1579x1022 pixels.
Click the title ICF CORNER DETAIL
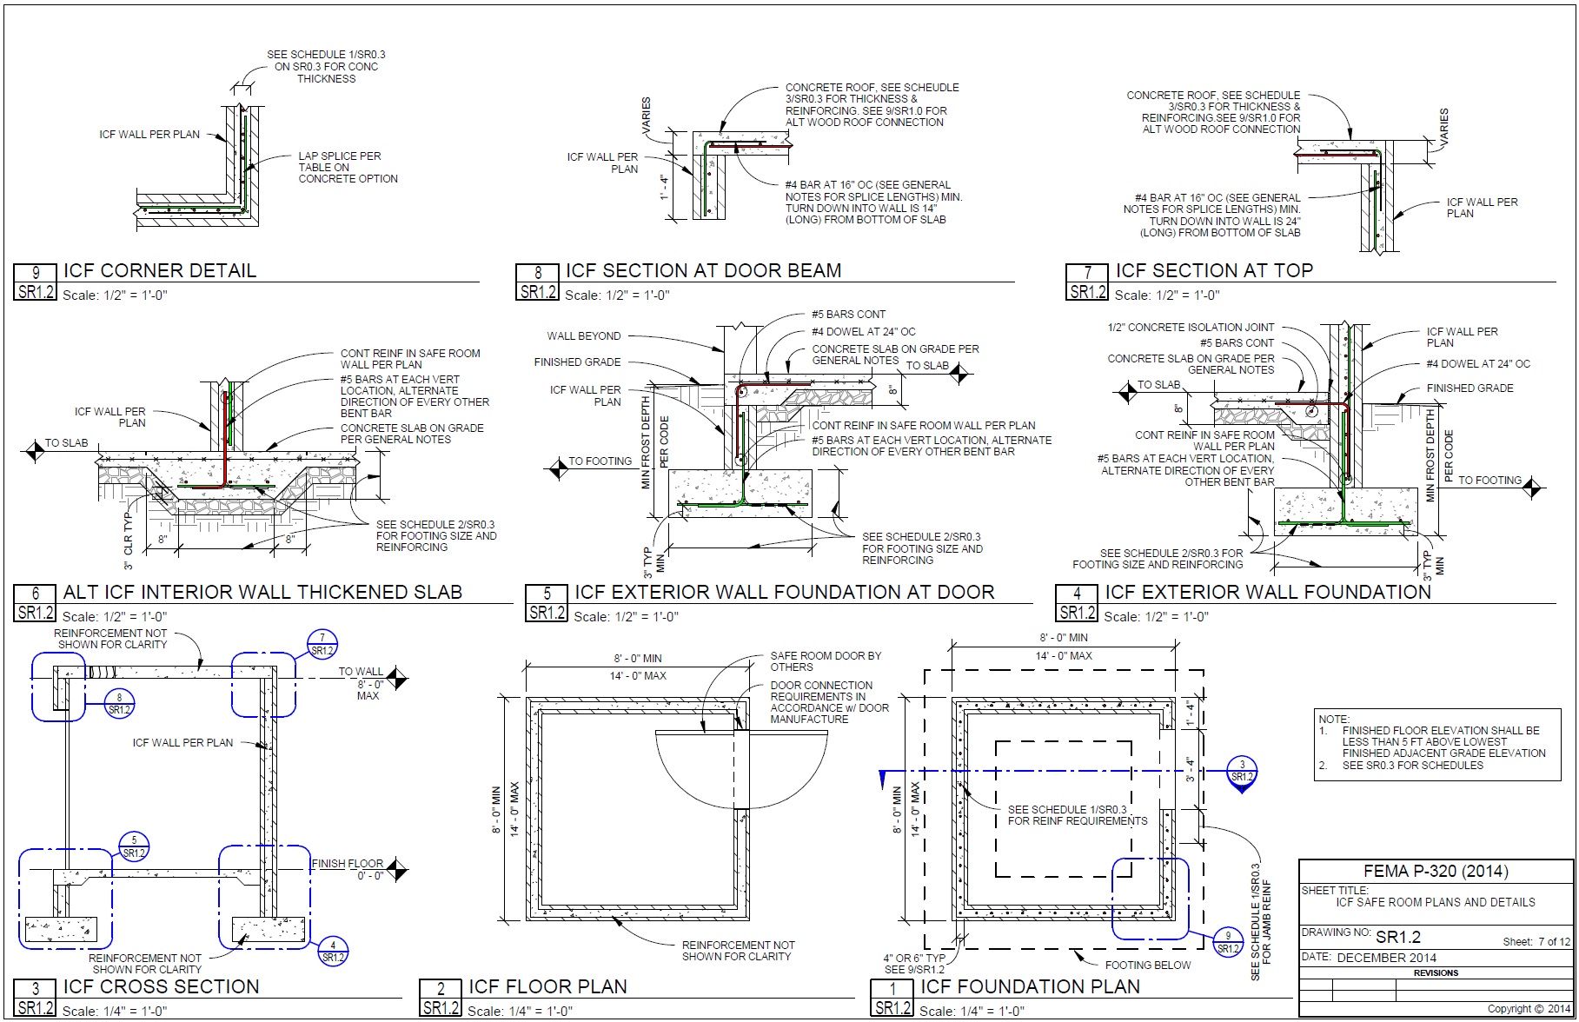(160, 270)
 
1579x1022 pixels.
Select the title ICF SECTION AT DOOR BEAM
(703, 270)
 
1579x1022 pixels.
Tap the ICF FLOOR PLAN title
(547, 986)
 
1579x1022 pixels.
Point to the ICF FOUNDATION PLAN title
(1030, 986)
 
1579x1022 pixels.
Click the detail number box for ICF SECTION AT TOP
(1087, 282)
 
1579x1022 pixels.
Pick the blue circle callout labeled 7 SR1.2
(322, 645)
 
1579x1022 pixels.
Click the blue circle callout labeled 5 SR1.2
(134, 846)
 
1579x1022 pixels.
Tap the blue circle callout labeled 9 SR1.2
(1228, 942)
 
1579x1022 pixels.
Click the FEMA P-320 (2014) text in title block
(1436, 872)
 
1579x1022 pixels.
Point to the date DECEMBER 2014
(1386, 958)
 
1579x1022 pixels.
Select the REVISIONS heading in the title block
(1436, 973)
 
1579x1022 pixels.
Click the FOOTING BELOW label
(1148, 965)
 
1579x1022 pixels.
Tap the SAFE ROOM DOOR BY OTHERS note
(826, 661)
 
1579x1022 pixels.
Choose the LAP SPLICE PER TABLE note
(348, 168)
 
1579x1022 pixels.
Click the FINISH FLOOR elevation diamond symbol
(397, 869)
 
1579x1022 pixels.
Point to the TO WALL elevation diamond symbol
(397, 678)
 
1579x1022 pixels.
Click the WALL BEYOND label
(583, 336)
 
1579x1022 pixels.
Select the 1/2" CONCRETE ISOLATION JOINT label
(1191, 328)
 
